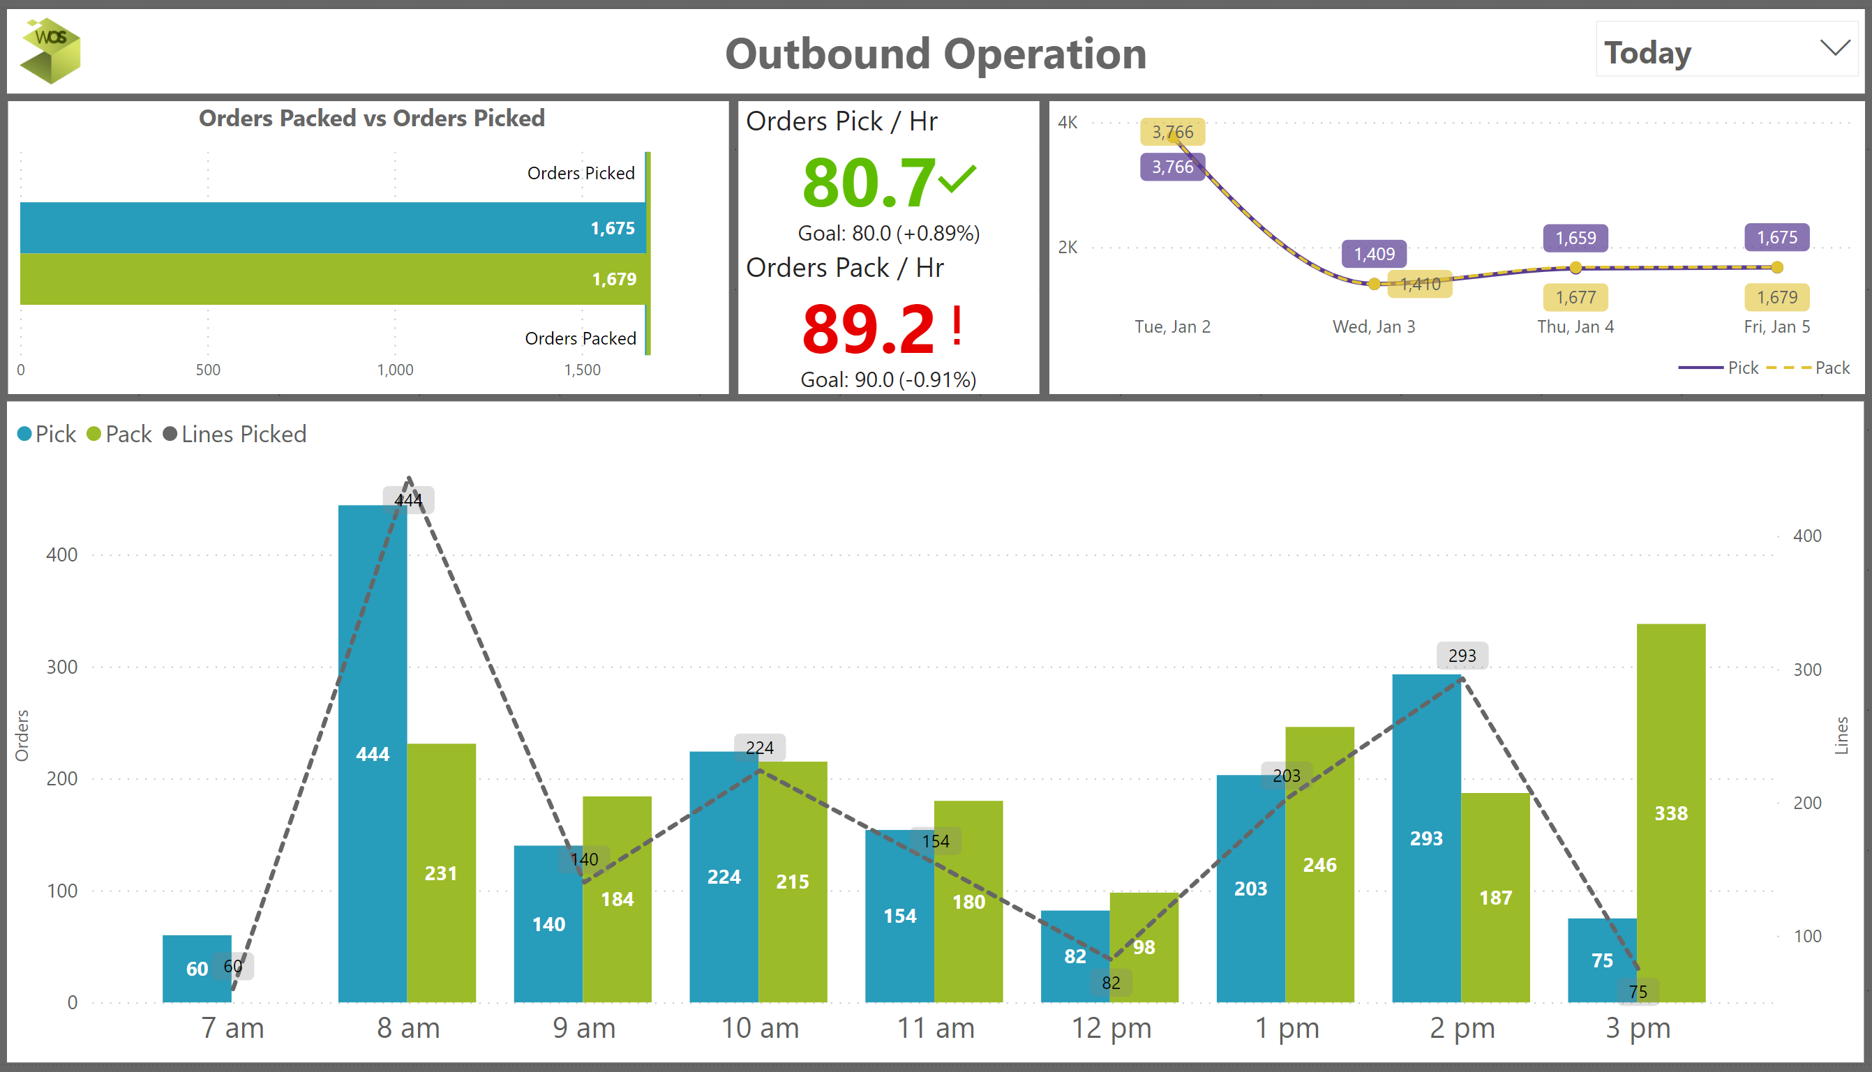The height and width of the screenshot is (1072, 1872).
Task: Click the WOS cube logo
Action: click(x=50, y=50)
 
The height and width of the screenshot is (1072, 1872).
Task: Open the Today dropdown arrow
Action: click(x=1834, y=49)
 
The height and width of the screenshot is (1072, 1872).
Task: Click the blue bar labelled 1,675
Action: click(x=331, y=228)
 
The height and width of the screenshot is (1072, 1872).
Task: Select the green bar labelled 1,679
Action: click(x=331, y=279)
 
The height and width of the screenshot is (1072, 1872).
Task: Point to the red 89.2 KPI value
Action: click(x=869, y=329)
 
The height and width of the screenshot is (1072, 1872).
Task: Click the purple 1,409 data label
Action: click(x=1375, y=254)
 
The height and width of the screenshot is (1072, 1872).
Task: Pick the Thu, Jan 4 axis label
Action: click(x=1575, y=327)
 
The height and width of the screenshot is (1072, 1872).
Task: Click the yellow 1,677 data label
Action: click(x=1575, y=297)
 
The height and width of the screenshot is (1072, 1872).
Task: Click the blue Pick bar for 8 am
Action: click(x=372, y=754)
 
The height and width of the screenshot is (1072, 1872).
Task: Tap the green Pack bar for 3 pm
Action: click(x=1671, y=813)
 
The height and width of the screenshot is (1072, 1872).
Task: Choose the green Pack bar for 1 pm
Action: click(x=1319, y=864)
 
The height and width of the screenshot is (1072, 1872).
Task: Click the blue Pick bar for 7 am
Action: click(x=196, y=969)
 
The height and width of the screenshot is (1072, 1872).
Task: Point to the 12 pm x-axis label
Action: click(x=1111, y=1028)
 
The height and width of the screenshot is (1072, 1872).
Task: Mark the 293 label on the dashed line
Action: click(x=1462, y=656)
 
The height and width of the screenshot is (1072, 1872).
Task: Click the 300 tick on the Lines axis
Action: click(x=1807, y=670)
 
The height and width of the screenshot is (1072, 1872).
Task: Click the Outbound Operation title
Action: click(x=935, y=54)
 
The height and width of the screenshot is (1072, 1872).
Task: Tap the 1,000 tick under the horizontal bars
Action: click(x=396, y=370)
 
